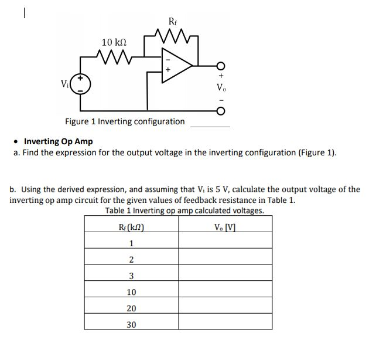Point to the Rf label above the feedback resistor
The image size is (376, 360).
pos(172,22)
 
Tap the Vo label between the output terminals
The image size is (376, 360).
pos(221,89)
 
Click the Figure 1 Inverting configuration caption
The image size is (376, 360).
pos(125,122)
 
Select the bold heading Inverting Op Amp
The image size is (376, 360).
pos(58,141)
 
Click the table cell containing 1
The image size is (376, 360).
pos(131,243)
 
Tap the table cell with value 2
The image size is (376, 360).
pos(131,260)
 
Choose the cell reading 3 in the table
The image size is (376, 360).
pos(131,276)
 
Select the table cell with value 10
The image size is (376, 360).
pos(131,292)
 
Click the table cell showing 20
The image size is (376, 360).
pos(131,308)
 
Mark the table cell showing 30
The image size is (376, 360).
pos(131,324)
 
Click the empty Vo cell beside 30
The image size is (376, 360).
pos(225,324)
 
